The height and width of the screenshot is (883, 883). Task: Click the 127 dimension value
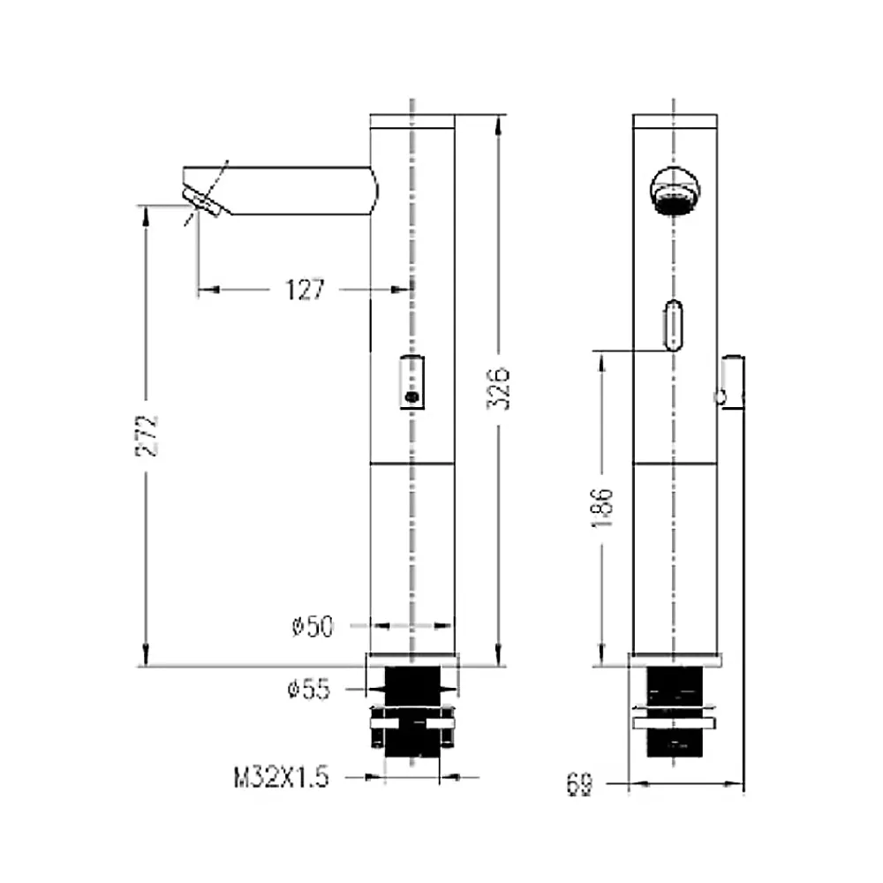306,290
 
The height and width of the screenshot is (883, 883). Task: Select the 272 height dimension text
147,435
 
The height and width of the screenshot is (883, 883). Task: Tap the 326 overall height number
499,389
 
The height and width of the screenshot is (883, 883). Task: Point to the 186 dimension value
602,508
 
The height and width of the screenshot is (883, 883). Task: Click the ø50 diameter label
313,626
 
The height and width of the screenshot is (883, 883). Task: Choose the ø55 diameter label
308,690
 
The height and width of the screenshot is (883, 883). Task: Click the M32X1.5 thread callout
281,778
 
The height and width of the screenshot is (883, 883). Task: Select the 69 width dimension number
579,784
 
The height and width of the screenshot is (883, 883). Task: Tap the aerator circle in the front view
675,191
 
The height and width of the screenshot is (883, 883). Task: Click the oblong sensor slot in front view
674,325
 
